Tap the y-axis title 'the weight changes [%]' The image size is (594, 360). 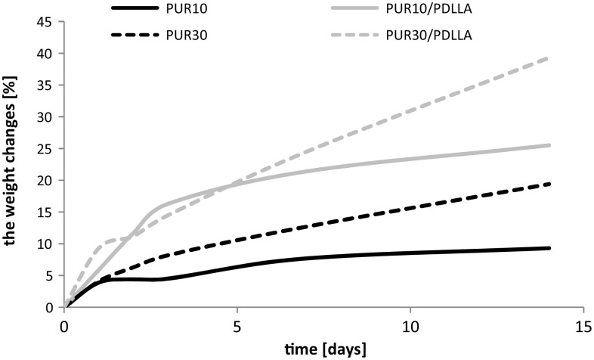click(x=13, y=164)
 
